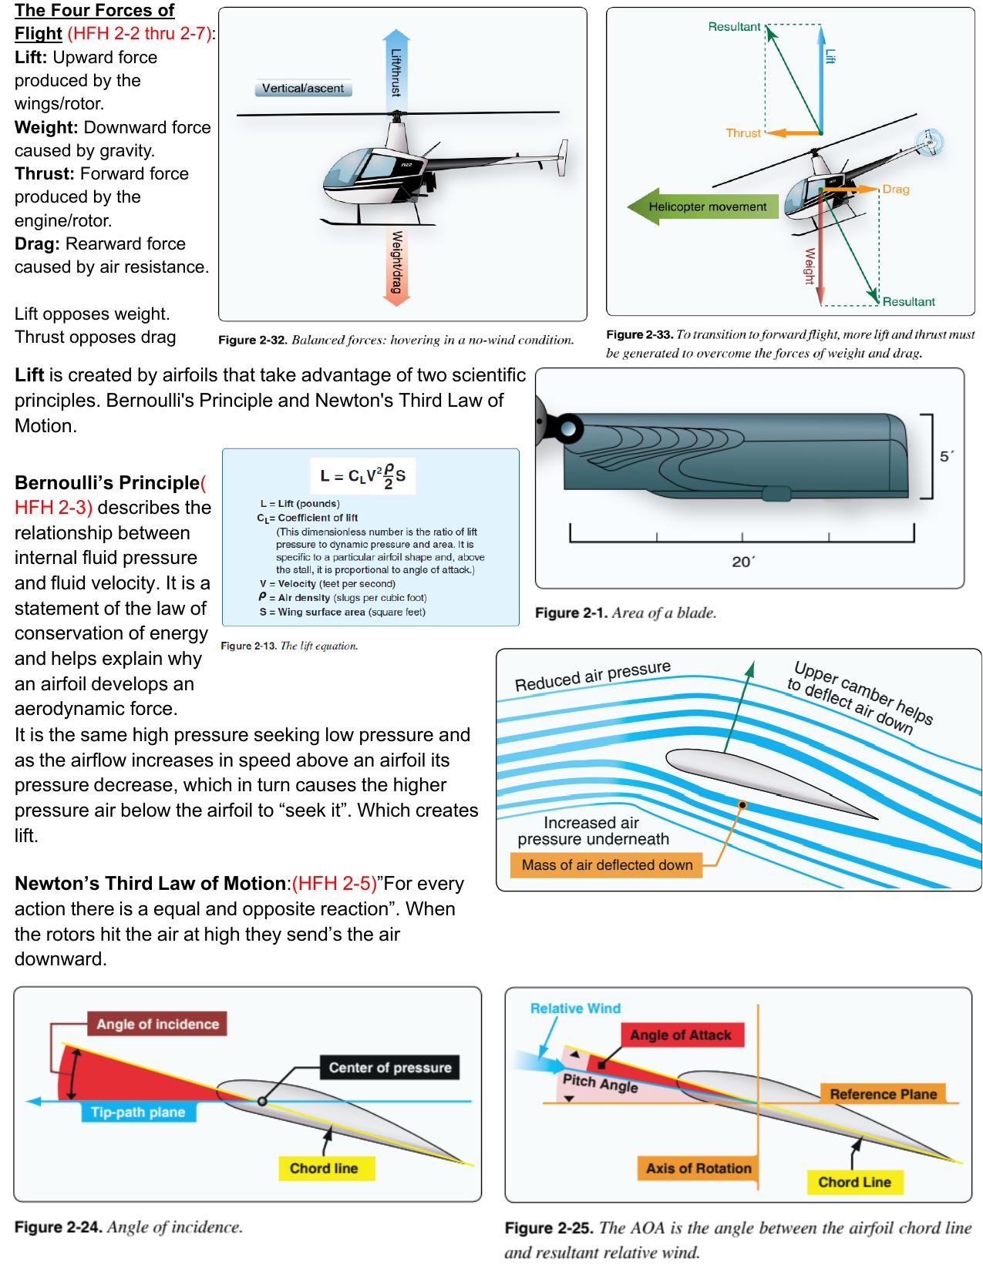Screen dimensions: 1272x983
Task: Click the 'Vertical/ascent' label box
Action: [302, 89]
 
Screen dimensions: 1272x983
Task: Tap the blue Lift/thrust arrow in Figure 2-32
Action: [396, 69]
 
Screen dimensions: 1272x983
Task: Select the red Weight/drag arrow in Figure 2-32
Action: [396, 262]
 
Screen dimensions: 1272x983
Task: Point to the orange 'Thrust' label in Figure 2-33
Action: [742, 133]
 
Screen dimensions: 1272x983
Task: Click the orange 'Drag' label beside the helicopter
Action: [896, 189]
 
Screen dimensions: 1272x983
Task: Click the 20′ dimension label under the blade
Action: [742, 562]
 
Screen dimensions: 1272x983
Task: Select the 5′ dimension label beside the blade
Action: [948, 456]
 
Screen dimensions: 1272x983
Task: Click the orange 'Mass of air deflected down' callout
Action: [607, 864]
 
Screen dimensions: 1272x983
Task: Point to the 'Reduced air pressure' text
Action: [592, 676]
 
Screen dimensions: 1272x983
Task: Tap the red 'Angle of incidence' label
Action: [157, 1024]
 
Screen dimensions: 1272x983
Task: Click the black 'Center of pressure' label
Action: [389, 1067]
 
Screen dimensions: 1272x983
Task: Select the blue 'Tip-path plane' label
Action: [138, 1112]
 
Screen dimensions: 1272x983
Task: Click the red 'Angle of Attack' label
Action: [680, 1035]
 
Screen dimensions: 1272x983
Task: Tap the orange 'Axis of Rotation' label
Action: [698, 1168]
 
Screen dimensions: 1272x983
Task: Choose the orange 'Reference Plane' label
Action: [883, 1094]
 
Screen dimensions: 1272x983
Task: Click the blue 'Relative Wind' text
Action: [575, 1009]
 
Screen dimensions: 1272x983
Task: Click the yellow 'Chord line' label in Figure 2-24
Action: [324, 1168]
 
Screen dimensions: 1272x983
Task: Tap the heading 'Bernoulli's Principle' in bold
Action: [107, 483]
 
